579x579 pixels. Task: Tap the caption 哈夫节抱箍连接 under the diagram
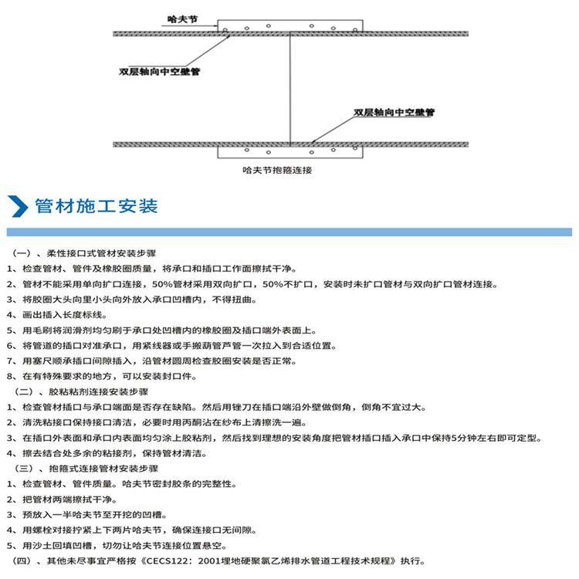click(276, 170)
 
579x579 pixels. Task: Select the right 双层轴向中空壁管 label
click(394, 113)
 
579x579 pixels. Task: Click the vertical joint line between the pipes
click(289, 89)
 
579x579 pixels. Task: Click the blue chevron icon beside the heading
click(18, 206)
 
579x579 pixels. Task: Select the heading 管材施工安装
click(96, 206)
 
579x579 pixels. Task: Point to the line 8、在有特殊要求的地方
click(100, 377)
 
